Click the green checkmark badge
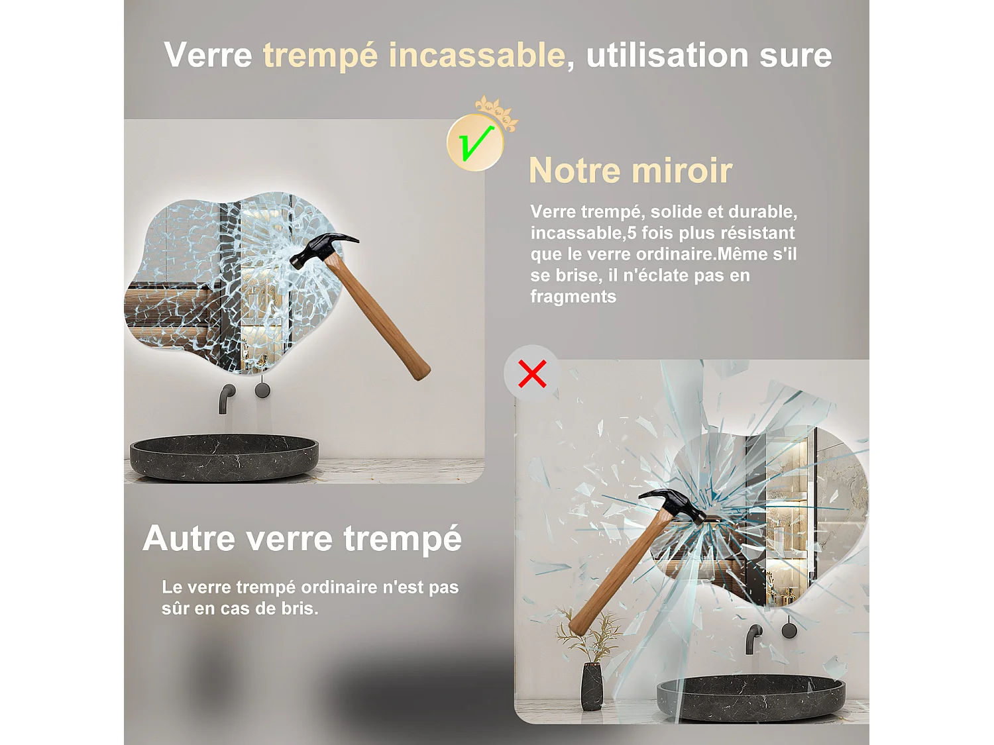475,142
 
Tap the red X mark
532,373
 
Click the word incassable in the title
476,55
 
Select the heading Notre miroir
630,171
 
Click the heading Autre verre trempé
302,538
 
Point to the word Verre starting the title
208,55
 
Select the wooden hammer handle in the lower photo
616,576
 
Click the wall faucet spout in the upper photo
226,397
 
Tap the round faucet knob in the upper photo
262,390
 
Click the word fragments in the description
573,297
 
